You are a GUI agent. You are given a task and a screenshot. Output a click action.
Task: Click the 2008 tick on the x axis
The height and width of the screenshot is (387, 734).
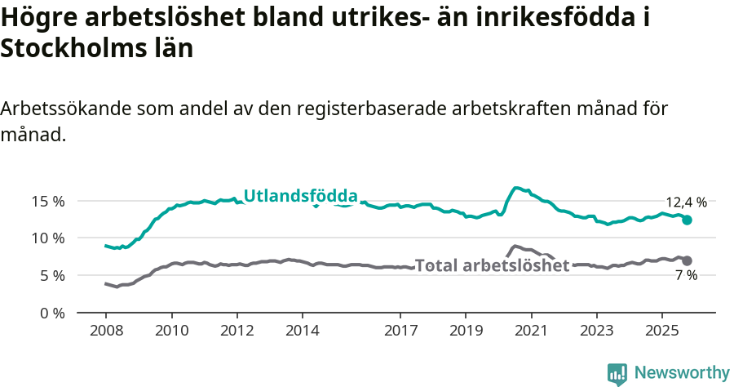106,331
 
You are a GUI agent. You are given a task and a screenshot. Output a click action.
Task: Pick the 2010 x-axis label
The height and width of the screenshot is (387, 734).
171,331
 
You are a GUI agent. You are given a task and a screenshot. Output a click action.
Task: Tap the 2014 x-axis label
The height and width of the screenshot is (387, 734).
303,331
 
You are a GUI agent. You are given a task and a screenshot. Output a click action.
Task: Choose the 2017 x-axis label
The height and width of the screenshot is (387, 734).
400,331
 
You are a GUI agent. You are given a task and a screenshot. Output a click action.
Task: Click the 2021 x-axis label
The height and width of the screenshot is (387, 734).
531,331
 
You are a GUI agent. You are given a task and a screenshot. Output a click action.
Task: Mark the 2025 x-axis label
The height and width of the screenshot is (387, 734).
661,331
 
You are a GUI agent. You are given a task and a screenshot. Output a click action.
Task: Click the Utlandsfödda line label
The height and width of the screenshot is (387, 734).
301,196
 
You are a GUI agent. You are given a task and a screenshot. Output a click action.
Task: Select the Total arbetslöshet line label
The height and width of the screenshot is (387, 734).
492,265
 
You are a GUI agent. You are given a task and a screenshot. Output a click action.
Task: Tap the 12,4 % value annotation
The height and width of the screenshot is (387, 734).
686,202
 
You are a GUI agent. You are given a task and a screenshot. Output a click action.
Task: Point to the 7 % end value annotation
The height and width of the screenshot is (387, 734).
686,276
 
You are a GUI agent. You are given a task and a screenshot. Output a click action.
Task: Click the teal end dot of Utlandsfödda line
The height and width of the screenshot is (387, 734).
687,220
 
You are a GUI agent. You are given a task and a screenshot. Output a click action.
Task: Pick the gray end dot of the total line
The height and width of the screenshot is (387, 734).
687,260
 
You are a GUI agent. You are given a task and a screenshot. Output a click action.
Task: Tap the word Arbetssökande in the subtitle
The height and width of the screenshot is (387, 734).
65,109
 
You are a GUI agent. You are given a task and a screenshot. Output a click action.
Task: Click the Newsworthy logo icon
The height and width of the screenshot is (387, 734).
617,373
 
